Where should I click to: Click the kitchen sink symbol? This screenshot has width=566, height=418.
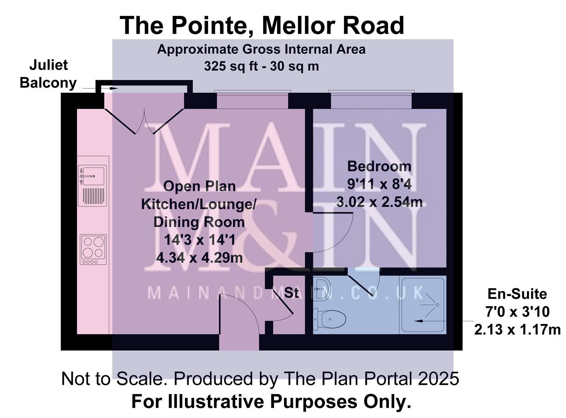pos(92,175)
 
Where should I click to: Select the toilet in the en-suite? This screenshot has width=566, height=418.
pos(330,319)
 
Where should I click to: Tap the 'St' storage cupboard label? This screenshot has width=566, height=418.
pos(292,293)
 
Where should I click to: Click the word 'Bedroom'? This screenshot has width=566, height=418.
pos(379,166)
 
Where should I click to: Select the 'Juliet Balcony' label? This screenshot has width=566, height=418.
pos(48,74)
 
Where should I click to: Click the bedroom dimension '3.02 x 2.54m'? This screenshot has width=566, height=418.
pos(379,202)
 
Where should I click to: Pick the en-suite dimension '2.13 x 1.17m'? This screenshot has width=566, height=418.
pos(517,330)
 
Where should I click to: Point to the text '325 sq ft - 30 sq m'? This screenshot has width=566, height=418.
pos(261,67)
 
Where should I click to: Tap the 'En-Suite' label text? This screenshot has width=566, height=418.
pos(517,294)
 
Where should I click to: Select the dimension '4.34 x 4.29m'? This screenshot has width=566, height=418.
pos(199,257)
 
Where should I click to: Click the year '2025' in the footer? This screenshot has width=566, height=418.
pos(438,379)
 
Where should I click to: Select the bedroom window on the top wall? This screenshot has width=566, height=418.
pos(371,101)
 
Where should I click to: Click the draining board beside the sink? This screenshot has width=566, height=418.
pos(93,196)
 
